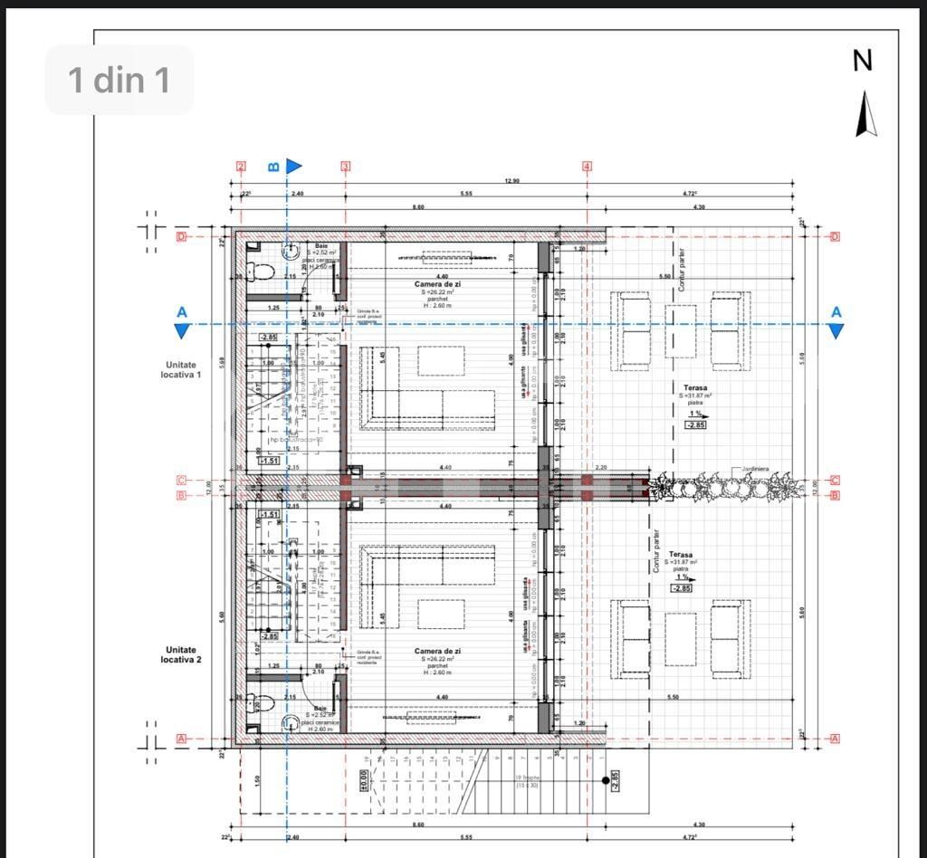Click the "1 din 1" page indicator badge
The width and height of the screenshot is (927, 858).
click(x=119, y=80)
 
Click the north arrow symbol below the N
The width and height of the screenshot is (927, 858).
click(x=866, y=114)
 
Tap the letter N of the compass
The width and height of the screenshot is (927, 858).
click(x=863, y=61)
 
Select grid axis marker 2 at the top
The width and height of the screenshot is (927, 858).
click(x=241, y=167)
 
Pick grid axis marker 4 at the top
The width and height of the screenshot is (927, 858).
click(x=587, y=167)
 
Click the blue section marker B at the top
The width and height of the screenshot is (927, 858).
click(x=274, y=167)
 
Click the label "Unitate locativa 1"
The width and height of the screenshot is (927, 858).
click(x=181, y=368)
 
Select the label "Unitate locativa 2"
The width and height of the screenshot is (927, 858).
click(x=181, y=654)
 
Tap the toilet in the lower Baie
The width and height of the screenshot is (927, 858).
click(x=262, y=703)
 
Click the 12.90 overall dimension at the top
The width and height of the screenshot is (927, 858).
click(x=511, y=181)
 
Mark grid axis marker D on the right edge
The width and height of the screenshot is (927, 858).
click(x=835, y=237)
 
